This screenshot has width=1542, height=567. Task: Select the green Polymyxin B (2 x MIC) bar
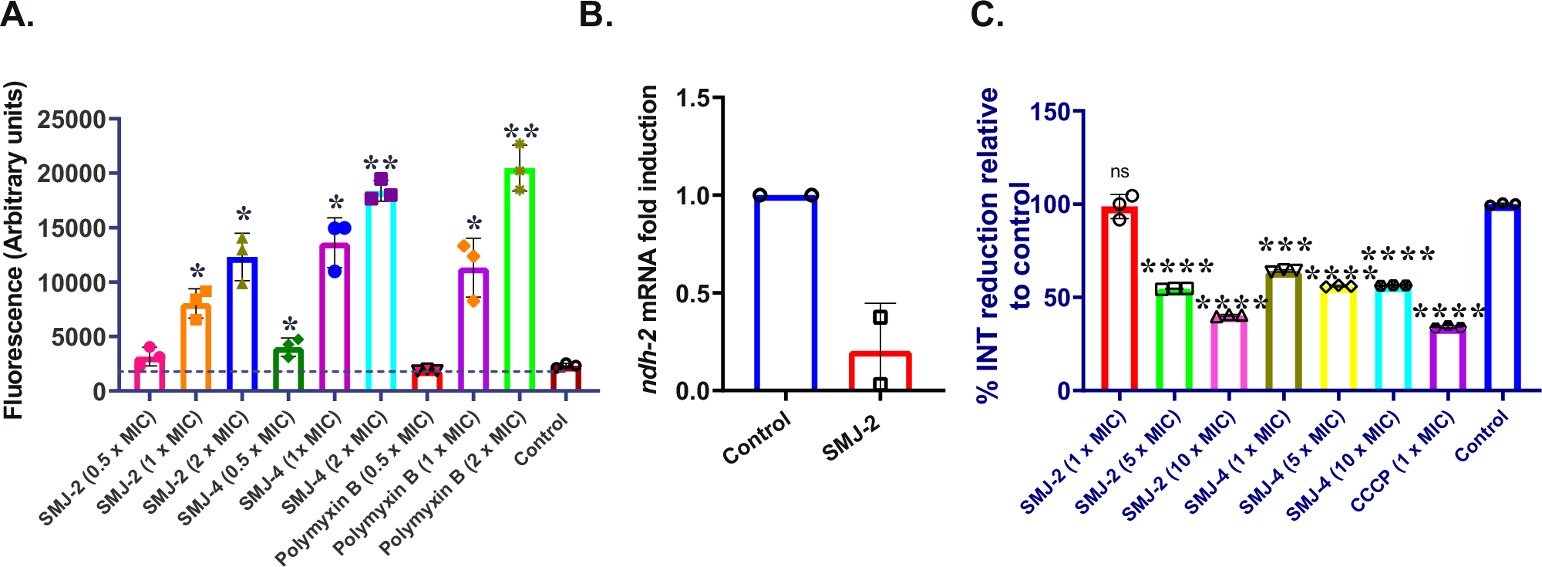point(519,282)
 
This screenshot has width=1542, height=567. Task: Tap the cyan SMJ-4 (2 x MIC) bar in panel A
point(381,293)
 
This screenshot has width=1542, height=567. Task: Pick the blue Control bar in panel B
point(785,293)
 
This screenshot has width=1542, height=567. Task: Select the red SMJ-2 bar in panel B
point(880,371)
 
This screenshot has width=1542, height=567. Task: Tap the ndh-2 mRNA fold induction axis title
point(649,239)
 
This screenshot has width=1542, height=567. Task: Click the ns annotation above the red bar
point(1119,172)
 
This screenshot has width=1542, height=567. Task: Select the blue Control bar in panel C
point(1502,298)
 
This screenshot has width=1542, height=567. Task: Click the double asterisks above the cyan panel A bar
point(380,164)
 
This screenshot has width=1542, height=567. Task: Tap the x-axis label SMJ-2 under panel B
point(851,438)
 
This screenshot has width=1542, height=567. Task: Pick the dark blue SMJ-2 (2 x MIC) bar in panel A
point(242,324)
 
